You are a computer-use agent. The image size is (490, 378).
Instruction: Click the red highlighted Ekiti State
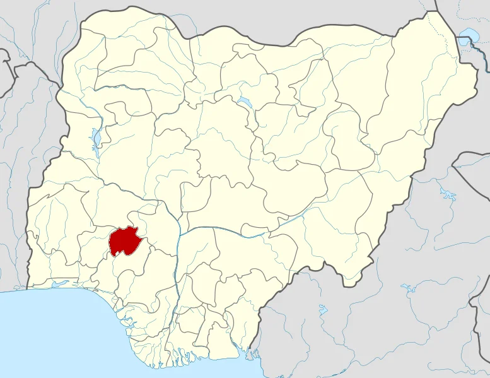coord(125,242)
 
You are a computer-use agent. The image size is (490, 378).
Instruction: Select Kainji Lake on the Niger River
coord(95,138)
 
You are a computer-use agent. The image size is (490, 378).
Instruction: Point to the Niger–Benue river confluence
coord(180,235)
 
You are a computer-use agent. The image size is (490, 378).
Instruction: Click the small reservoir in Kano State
coord(244,101)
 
